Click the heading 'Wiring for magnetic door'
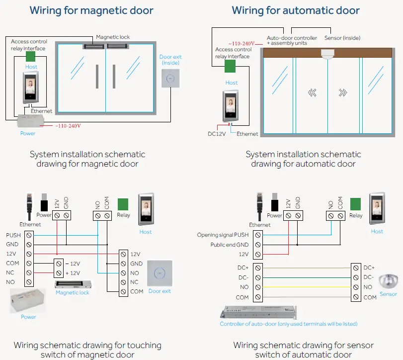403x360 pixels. [91, 10]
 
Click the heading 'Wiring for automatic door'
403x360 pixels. [296, 10]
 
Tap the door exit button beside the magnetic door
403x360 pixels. [170, 79]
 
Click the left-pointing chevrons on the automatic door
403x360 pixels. [312, 92]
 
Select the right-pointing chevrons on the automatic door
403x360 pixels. [343, 92]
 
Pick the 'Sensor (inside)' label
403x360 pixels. [342, 38]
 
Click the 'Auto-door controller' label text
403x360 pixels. [292, 38]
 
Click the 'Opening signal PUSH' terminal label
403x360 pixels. [223, 235]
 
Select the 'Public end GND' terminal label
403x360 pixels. [229, 245]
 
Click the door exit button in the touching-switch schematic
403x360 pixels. [159, 273]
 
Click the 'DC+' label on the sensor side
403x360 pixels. [369, 268]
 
